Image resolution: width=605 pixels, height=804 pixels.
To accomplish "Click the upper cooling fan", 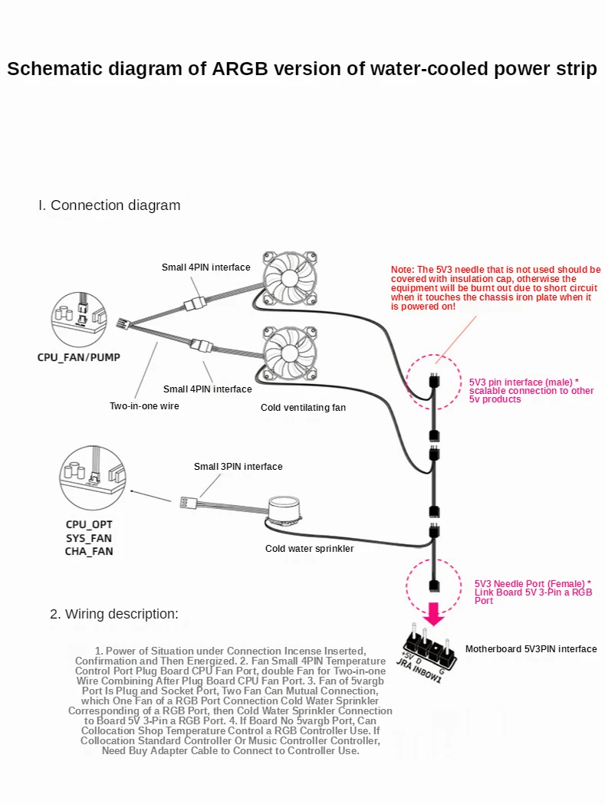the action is (x=289, y=278).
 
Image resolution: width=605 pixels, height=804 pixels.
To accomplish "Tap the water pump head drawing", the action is (x=284, y=512).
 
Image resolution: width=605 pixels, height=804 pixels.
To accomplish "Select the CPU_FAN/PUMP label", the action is (x=78, y=357).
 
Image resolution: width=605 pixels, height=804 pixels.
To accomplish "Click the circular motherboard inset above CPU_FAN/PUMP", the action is (x=79, y=320).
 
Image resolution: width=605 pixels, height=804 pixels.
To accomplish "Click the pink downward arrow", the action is (x=434, y=614).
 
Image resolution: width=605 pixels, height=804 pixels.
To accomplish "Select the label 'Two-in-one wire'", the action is (x=144, y=406).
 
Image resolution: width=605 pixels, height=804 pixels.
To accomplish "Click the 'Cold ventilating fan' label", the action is (x=304, y=408).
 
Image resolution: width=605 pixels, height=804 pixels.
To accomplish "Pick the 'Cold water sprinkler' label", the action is (x=310, y=549).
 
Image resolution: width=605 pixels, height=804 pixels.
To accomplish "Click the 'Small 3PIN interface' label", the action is (x=238, y=467).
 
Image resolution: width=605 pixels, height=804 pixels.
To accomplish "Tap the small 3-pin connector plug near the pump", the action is (x=186, y=503).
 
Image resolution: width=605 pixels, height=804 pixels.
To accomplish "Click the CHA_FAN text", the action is (x=89, y=551).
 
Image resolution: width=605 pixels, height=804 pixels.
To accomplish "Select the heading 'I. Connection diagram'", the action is (x=110, y=205).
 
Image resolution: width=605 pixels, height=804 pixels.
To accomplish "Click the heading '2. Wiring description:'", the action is (x=114, y=614).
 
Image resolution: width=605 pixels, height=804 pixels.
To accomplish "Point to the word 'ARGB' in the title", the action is (x=240, y=69).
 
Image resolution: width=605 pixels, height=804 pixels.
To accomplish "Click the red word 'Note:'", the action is (x=403, y=270).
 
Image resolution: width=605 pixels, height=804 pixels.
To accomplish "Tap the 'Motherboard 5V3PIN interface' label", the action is (x=531, y=649).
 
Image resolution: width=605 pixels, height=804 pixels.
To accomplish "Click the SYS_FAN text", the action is (x=89, y=538).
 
